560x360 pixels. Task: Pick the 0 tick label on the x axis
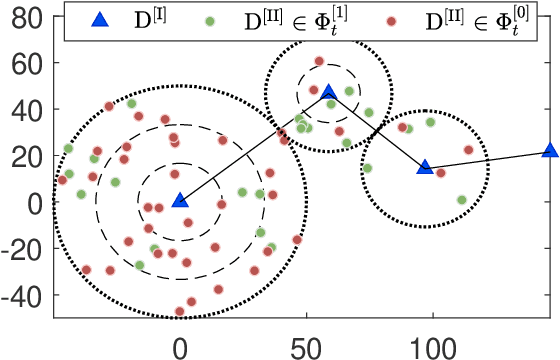pos(180,343)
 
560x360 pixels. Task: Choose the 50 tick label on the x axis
pos(306,343)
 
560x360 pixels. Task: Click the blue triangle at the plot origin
pos(180,200)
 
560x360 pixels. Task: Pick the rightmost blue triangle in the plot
pos(549,150)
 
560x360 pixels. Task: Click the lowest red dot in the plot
pos(180,311)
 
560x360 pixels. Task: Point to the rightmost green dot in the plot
pos(461,200)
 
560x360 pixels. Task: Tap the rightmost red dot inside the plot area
pos(468,150)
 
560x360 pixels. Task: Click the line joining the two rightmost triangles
pos(487,159)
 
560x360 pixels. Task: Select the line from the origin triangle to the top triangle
pos(254,146)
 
